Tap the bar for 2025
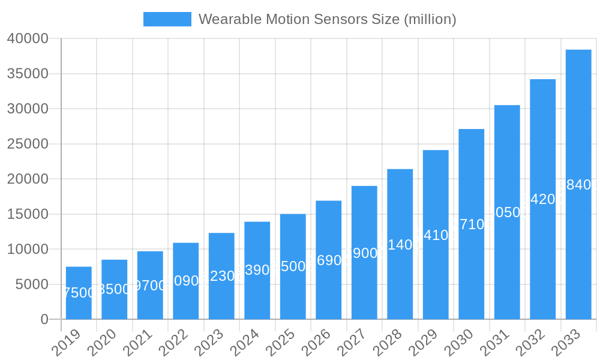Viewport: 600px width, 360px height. click(x=293, y=266)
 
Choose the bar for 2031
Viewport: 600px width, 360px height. click(x=507, y=212)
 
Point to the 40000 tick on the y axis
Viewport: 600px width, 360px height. click(x=28, y=39)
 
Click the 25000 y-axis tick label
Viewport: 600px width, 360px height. click(x=28, y=144)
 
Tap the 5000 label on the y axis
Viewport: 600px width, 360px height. click(x=31, y=284)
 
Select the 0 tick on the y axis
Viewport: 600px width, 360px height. click(x=44, y=320)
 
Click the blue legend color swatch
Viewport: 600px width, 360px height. click(x=167, y=19)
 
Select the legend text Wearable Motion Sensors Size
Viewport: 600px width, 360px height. click(x=327, y=19)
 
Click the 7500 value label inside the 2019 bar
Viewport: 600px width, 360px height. click(x=79, y=293)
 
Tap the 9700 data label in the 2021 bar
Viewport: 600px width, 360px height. click(x=150, y=286)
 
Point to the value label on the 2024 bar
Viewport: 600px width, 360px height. click(x=257, y=270)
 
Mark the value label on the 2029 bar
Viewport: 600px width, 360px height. click(x=436, y=235)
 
